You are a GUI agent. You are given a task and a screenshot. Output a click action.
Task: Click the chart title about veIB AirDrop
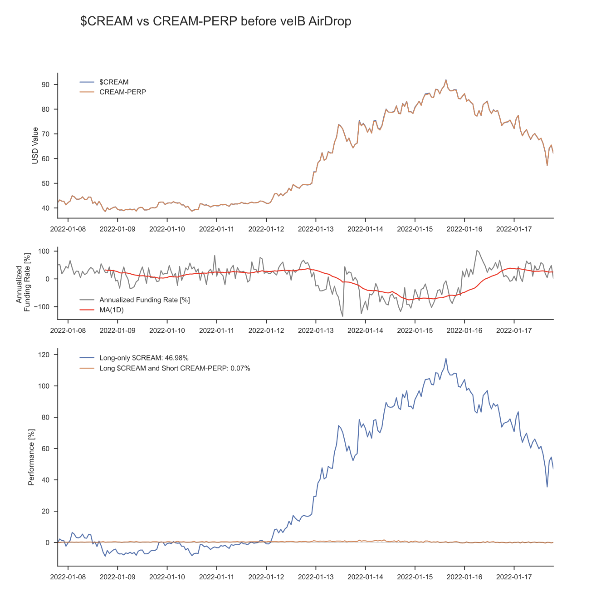pyautogui.click(x=215, y=21)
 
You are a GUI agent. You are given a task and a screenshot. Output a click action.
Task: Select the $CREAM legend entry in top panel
pyautogui.click(x=114, y=82)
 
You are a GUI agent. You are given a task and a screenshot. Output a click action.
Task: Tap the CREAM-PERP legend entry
pyautogui.click(x=122, y=92)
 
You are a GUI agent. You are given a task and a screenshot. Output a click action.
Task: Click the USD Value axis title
pyautogui.click(x=35, y=145)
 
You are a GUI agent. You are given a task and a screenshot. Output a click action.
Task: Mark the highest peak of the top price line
pyautogui.click(x=445, y=80)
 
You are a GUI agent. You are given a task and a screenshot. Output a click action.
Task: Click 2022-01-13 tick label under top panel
pyautogui.click(x=315, y=229)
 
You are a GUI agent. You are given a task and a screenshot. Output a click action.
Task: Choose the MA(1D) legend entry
pyautogui.click(x=111, y=310)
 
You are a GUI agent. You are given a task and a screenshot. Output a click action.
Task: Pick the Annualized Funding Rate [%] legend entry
pyautogui.click(x=144, y=300)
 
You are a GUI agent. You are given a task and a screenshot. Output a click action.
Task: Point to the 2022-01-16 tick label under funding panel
pyautogui.click(x=464, y=330)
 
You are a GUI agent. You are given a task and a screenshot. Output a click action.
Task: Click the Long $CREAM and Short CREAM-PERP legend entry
pyautogui.click(x=175, y=368)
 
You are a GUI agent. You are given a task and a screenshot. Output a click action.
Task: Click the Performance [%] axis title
pyautogui.click(x=31, y=457)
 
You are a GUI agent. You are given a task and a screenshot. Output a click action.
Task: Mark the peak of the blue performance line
pyautogui.click(x=445, y=359)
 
